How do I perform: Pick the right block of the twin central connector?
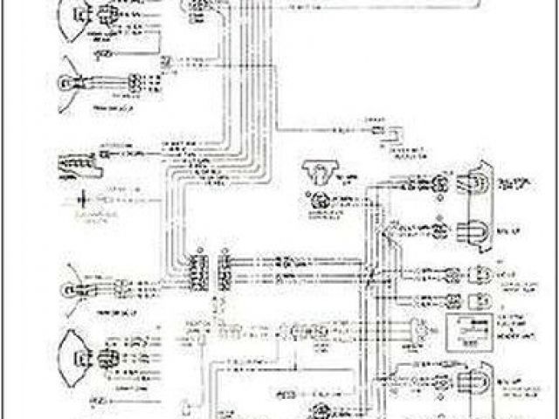click(224, 271)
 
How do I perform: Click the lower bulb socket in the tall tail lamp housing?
click(480, 230)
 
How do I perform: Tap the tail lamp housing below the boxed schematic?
click(477, 383)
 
